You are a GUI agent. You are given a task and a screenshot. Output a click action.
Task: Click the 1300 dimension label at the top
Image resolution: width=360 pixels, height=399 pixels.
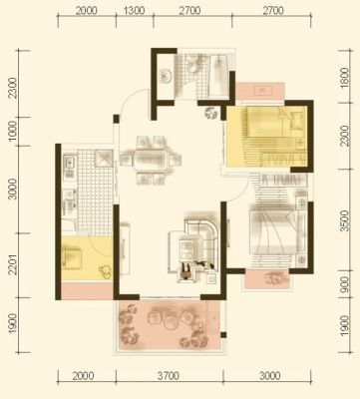pos(135,11)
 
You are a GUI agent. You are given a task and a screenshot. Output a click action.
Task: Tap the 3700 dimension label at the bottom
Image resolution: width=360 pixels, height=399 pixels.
pos(169,376)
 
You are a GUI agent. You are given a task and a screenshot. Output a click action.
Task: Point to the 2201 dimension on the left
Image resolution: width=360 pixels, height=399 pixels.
pos(13,264)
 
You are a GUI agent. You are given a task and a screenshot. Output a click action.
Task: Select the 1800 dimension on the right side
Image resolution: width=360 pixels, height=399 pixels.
pos(345,77)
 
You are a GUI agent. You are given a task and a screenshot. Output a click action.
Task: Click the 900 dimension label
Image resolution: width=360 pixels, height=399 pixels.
pos(345,285)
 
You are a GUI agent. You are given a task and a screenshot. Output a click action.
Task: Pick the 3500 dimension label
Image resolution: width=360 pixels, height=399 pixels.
pos(345,220)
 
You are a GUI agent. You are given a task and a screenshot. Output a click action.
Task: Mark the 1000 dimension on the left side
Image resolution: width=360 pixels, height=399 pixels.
pos(13,131)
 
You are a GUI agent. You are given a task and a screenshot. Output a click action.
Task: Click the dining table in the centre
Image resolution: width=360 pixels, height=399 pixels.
pos(151,160)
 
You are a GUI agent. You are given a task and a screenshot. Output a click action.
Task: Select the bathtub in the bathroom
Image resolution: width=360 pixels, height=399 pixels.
pos(218,76)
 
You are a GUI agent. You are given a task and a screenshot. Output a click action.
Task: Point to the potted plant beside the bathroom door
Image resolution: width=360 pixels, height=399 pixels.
pos(211,114)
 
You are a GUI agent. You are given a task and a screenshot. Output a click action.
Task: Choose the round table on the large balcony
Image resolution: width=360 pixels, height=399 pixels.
pos(172,322)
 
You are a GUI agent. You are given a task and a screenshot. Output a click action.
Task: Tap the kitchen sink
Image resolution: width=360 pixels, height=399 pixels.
pos(70,163)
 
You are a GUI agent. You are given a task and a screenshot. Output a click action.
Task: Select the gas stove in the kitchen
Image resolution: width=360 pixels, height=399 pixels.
pos(70,199)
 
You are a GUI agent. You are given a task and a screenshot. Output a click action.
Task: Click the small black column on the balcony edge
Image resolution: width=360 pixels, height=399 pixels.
pos(223,335)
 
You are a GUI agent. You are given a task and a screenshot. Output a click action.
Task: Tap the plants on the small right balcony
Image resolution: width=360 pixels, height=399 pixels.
pos(276,279)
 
